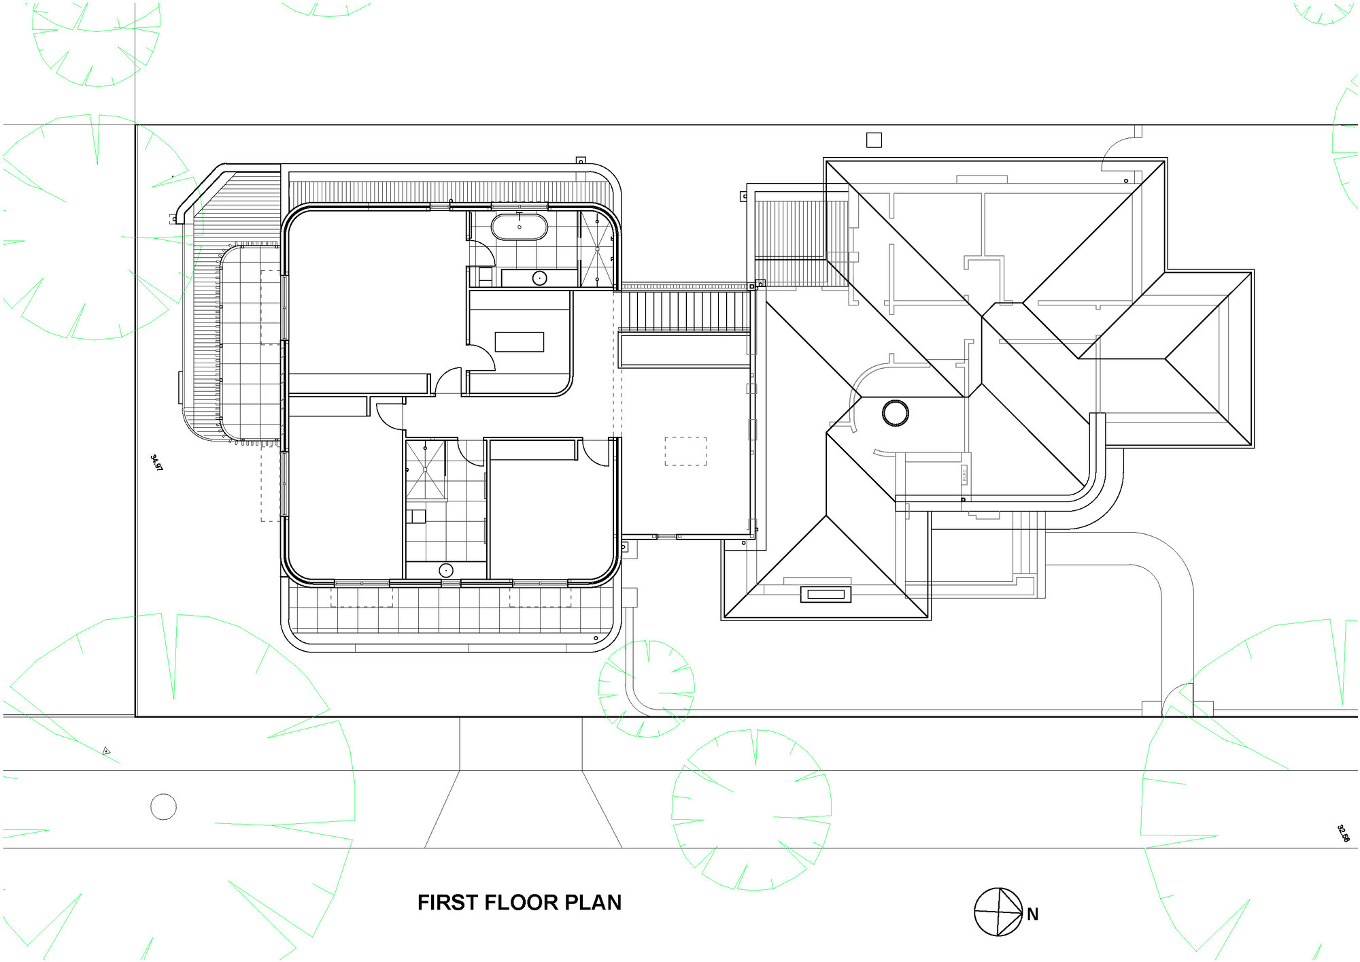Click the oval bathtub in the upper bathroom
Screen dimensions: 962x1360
519,227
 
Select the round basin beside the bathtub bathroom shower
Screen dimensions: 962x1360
539,278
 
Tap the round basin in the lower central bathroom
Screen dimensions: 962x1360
446,570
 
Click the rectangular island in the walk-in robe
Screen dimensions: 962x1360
519,342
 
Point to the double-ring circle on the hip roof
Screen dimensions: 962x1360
895,412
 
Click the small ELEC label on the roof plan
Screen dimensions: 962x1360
964,475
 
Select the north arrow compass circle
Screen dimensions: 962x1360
998,912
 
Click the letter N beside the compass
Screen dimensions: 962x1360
1032,914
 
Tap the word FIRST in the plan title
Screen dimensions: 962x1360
441,903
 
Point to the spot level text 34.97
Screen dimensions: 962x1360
156,463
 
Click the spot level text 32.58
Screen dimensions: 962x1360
1343,833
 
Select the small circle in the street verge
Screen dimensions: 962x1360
163,807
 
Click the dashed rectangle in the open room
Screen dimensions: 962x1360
685,451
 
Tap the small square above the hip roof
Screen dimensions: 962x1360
874,140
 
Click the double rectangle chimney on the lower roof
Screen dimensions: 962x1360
826,595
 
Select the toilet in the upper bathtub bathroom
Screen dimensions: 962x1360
485,276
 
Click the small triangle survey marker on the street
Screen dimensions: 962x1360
106,751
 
